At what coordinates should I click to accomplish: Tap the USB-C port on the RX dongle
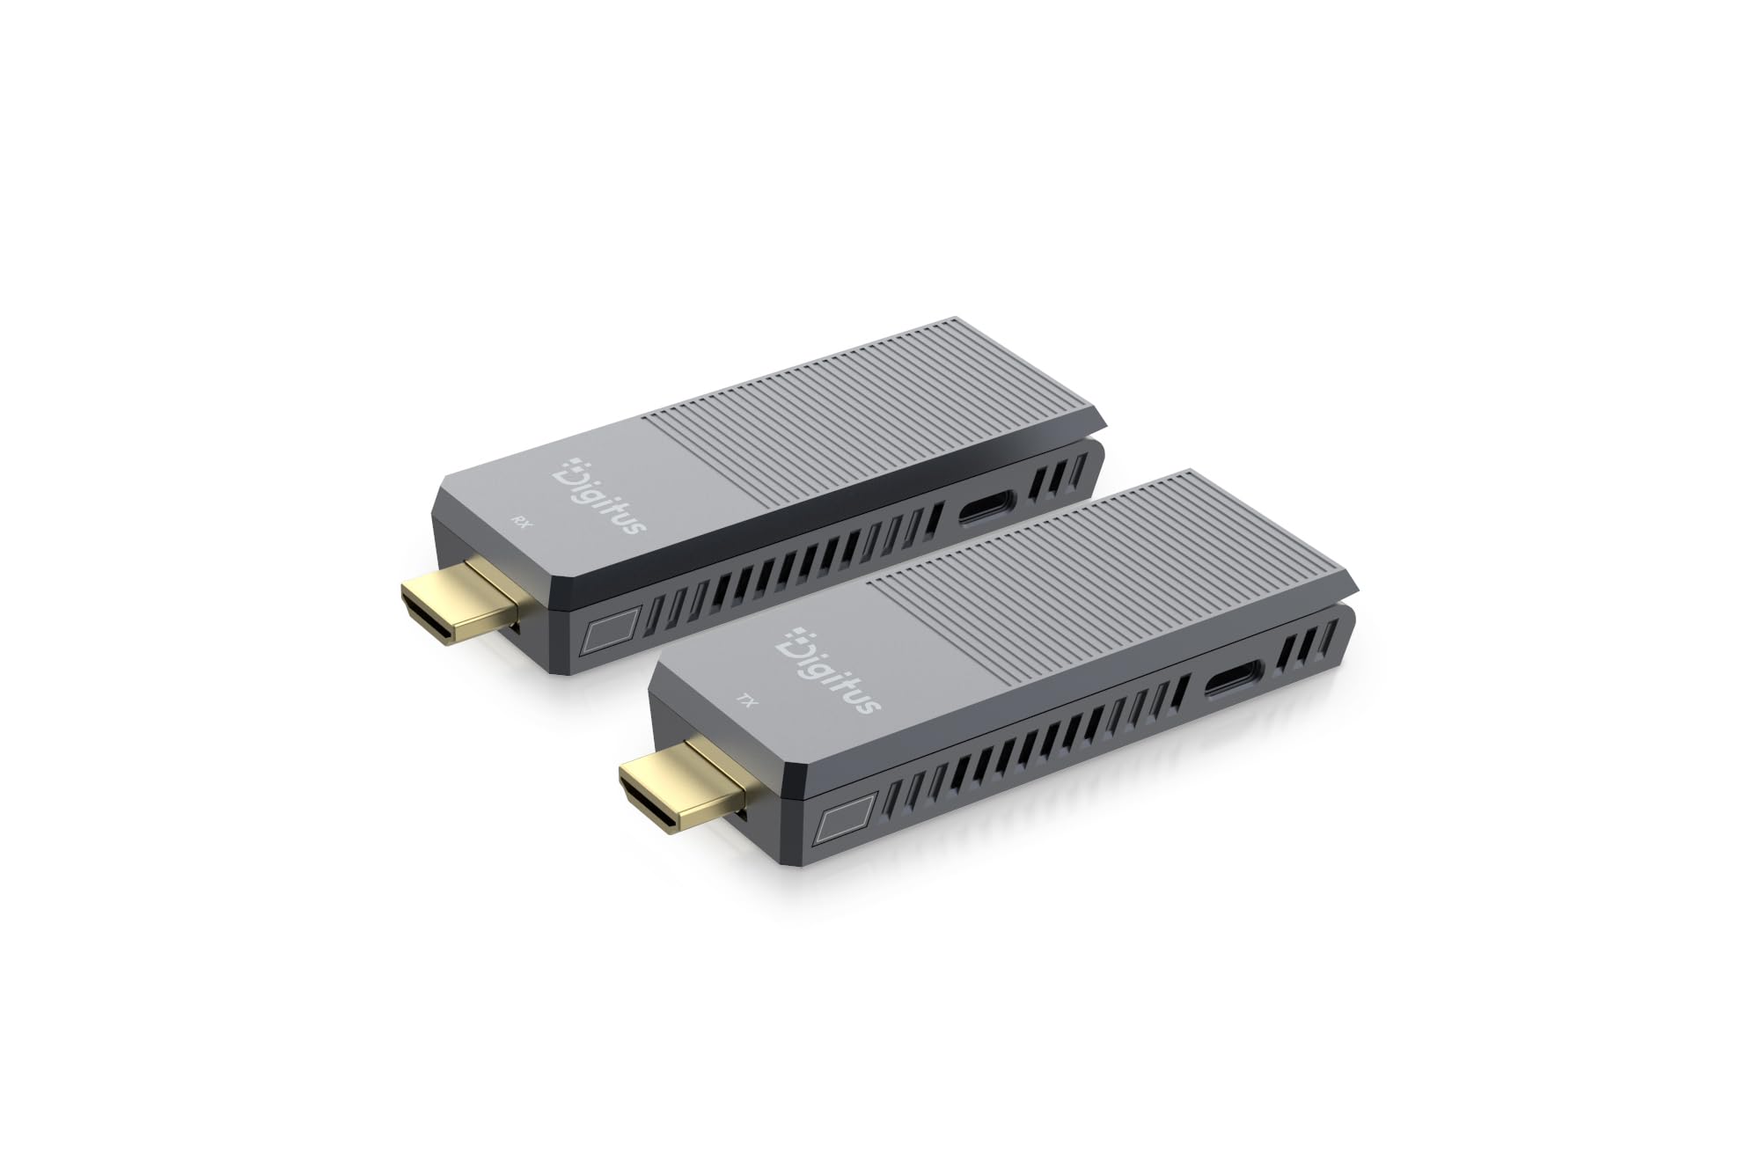(986, 508)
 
